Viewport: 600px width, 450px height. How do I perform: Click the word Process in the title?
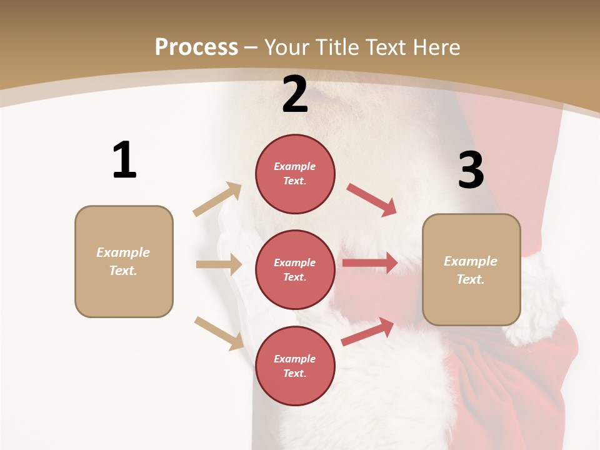(196, 47)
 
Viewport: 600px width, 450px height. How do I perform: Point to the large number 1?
(124, 161)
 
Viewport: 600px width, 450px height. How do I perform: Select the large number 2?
(295, 94)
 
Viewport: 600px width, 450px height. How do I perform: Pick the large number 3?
(471, 170)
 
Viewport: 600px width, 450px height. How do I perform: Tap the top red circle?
(295, 174)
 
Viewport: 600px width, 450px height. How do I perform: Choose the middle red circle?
(295, 269)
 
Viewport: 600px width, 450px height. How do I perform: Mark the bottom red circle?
(295, 366)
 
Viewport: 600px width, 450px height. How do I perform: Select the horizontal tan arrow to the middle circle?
(218, 264)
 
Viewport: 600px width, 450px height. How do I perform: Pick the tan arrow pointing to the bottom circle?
(219, 333)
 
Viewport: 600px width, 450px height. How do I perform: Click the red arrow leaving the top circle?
(372, 199)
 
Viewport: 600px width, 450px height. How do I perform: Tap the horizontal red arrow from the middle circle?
(370, 263)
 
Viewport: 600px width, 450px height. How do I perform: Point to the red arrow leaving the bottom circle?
(368, 331)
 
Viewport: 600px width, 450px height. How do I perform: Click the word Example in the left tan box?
(123, 252)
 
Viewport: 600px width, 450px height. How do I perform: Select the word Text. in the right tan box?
(471, 279)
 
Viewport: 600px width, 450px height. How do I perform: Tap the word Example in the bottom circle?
(294, 359)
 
